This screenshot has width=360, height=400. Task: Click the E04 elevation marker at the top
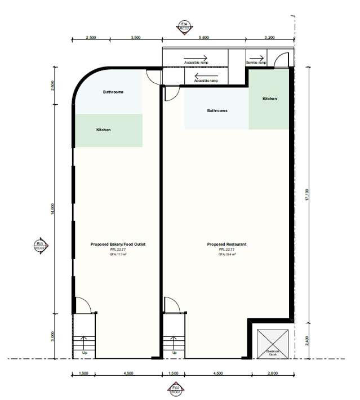(x=182, y=27)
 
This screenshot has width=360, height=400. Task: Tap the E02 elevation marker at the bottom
(x=176, y=390)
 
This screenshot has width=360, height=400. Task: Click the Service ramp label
(x=256, y=63)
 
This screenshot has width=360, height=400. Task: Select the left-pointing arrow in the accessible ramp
(x=201, y=76)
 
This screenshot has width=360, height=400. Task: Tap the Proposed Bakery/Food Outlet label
(x=118, y=245)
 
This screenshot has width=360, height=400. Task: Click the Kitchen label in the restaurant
(x=270, y=99)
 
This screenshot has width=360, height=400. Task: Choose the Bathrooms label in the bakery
(x=113, y=92)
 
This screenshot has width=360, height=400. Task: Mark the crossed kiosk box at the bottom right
(x=272, y=343)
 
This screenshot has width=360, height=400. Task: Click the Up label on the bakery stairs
(x=85, y=353)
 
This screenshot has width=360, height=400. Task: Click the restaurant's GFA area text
(x=227, y=254)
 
